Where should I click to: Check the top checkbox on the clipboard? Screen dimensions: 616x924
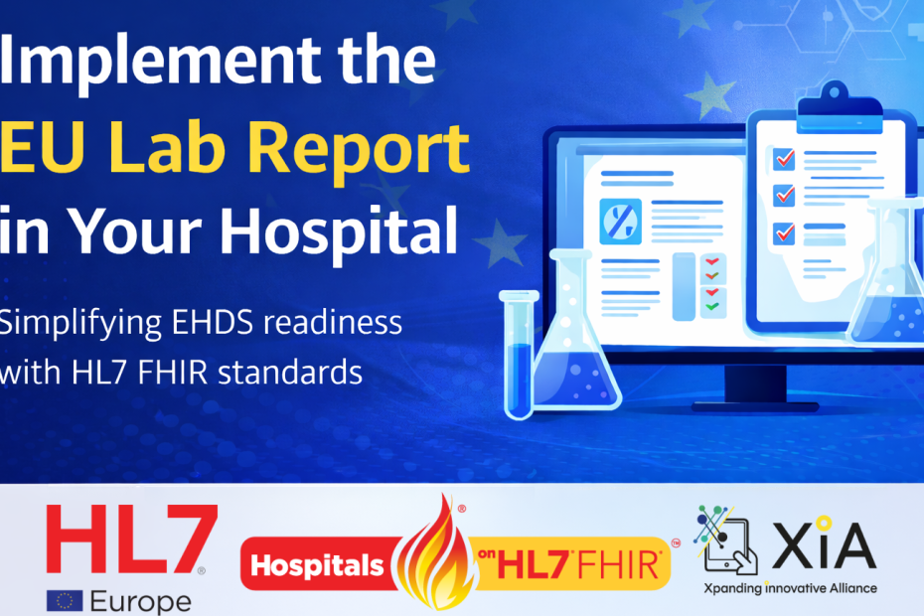point(784,158)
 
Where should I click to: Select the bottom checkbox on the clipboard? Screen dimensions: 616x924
point(784,231)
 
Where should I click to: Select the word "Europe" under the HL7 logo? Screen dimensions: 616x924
point(140,601)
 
